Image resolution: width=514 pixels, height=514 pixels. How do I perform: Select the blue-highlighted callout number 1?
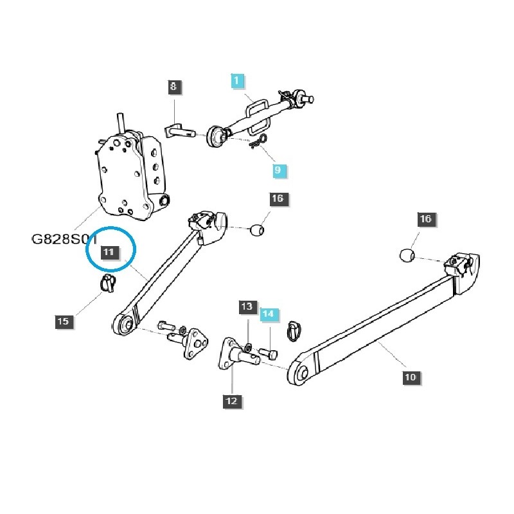click(x=237, y=81)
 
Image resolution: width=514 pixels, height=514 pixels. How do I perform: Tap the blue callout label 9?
click(x=278, y=170)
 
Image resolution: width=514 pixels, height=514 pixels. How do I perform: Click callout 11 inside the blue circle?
click(x=109, y=252)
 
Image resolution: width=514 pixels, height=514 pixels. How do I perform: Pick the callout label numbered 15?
click(x=63, y=321)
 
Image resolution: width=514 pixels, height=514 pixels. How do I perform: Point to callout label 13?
click(x=247, y=307)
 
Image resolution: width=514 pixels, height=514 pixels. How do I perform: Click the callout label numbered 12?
click(x=231, y=401)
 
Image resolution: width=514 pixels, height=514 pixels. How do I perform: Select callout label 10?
click(x=411, y=377)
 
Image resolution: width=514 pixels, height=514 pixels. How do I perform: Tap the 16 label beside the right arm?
click(x=425, y=219)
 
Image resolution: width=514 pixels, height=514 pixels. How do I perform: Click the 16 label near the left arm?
click(x=278, y=199)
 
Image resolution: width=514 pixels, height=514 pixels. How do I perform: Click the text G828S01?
click(x=64, y=240)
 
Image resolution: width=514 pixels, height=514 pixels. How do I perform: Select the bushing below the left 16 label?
click(x=258, y=229)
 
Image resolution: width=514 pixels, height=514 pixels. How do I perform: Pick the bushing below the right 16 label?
click(x=406, y=256)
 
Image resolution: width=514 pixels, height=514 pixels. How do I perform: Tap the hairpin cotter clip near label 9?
click(x=258, y=142)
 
